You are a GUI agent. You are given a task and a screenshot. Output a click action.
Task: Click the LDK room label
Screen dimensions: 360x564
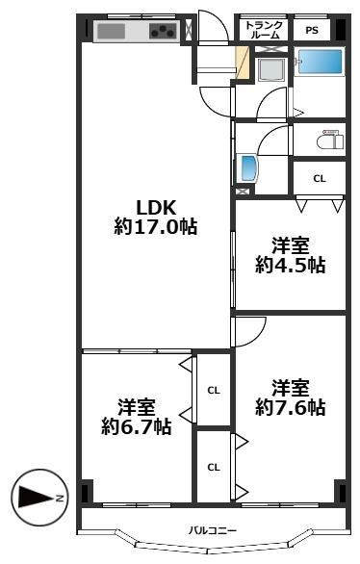[x=156, y=208]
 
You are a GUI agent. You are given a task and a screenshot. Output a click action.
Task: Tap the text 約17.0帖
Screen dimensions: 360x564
[x=155, y=227]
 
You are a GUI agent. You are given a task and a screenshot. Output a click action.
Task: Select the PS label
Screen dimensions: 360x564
[x=312, y=30]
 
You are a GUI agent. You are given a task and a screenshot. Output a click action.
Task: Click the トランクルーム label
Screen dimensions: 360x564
[x=264, y=30]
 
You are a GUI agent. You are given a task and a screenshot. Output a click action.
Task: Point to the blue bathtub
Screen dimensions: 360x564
[x=320, y=62]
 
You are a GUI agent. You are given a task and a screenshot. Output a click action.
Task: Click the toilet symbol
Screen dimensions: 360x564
[x=330, y=139]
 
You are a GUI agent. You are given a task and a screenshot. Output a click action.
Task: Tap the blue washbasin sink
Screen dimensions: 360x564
[x=248, y=168]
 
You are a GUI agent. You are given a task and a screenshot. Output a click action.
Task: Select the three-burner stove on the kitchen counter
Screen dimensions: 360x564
[x=164, y=31]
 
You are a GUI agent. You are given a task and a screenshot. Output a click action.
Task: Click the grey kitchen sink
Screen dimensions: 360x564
[x=111, y=31]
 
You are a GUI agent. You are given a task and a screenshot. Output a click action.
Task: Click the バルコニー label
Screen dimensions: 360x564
[x=213, y=530]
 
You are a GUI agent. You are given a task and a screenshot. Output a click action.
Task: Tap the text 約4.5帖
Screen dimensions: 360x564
[x=291, y=266]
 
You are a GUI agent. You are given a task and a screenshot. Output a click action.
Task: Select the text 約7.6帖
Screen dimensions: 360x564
[x=291, y=407]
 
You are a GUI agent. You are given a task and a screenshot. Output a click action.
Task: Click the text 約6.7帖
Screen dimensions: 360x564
[x=136, y=426]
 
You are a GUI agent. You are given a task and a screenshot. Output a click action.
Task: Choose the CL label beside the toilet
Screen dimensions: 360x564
[x=320, y=178]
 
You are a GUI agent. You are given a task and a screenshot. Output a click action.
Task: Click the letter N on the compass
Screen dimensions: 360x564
[x=61, y=499]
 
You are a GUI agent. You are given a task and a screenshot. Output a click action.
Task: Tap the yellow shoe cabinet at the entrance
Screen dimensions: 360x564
[x=242, y=63]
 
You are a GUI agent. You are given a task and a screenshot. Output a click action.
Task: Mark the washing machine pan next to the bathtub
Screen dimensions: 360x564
[x=271, y=69]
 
